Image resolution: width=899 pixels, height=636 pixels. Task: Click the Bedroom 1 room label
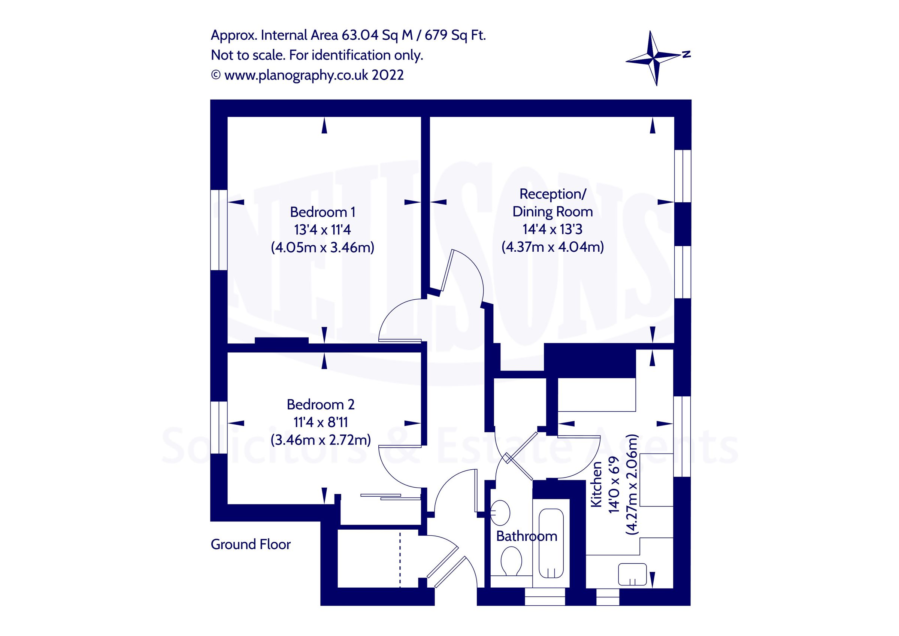322,212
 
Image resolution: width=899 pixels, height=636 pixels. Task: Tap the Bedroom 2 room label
320,405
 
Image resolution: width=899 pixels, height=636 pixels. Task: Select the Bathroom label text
526,536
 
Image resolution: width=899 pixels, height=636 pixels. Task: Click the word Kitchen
596,484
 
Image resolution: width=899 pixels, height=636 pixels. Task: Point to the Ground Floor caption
251,544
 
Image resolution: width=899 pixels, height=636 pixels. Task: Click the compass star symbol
654,58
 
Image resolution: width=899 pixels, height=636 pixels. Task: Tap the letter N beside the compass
686,54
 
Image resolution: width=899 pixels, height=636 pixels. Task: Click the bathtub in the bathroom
551,543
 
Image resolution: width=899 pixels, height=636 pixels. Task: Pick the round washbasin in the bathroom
500,512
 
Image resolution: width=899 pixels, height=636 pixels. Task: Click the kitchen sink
632,575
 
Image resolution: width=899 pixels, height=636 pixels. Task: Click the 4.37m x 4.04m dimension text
553,247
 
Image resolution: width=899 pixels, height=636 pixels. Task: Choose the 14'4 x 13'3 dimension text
552,229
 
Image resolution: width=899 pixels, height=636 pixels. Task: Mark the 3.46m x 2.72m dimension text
320,440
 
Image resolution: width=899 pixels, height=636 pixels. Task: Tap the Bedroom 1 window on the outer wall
219,230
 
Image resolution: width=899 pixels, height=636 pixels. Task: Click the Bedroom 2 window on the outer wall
219,427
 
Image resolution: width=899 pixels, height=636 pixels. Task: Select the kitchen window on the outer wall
682,436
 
